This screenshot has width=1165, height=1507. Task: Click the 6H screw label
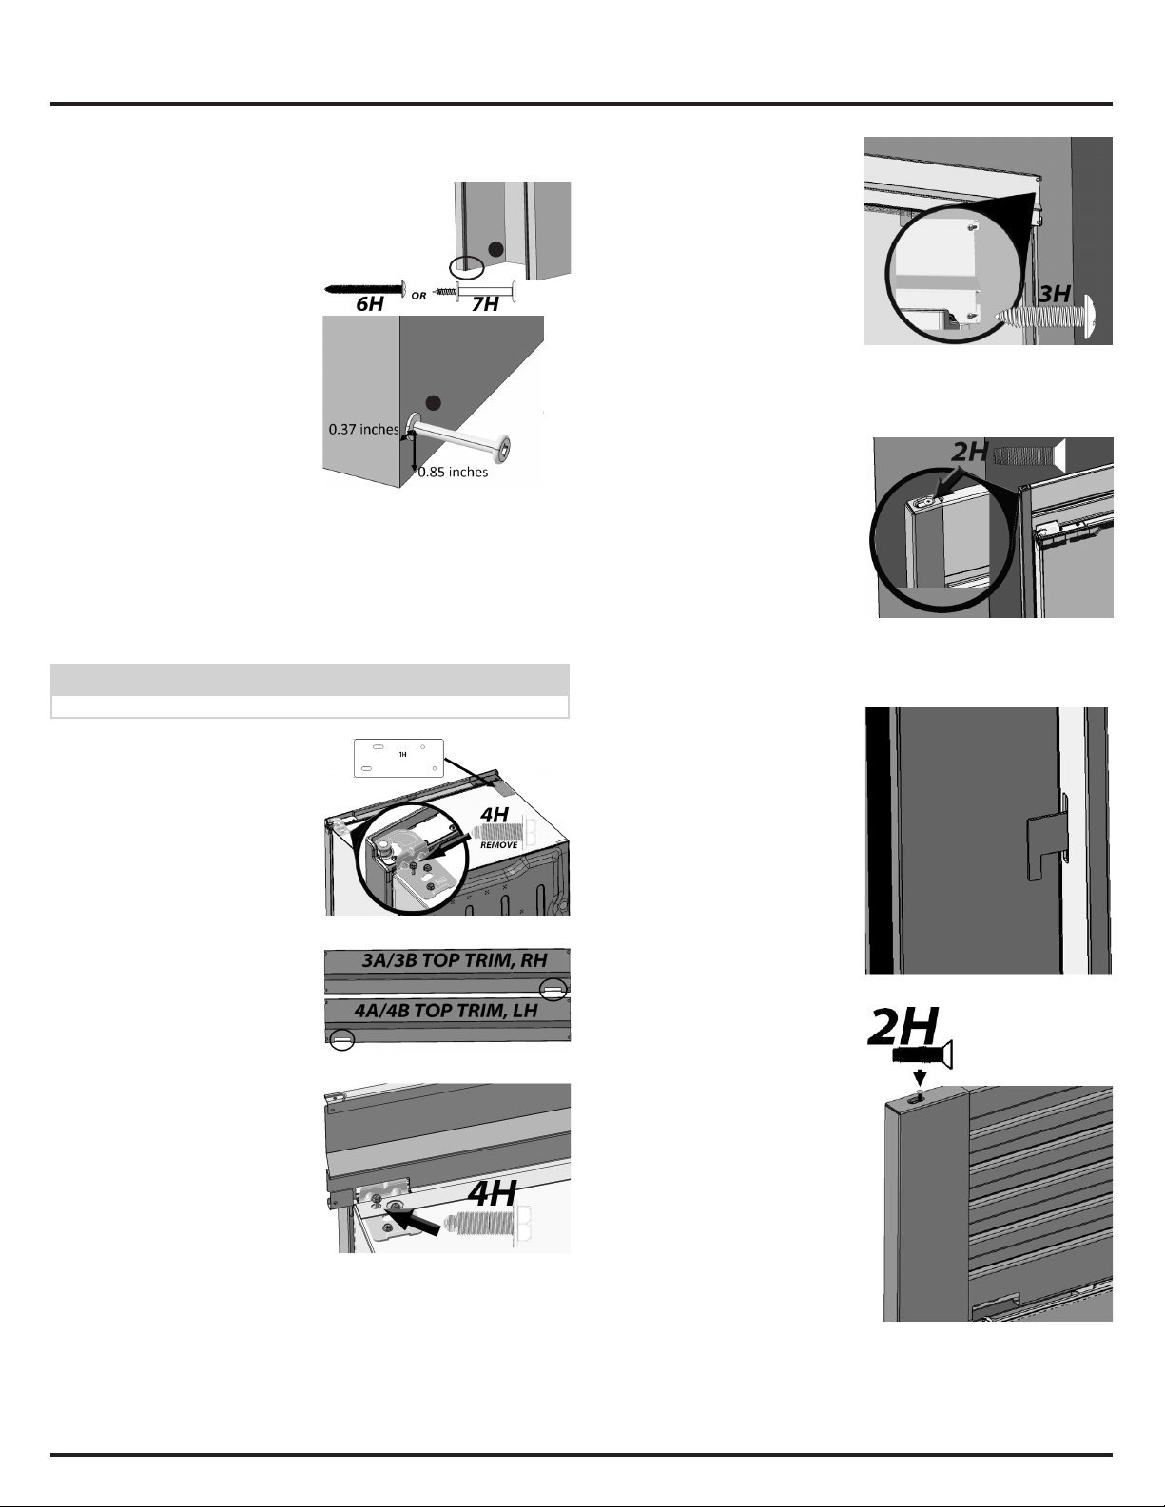point(370,304)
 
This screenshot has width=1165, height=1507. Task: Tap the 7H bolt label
point(485,304)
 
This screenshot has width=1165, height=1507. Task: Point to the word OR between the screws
point(418,296)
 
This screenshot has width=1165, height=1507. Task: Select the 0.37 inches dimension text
point(363,430)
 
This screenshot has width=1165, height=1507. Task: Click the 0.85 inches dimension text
point(453,473)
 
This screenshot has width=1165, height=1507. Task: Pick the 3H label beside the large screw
point(1055,294)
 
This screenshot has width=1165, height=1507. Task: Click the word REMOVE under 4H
point(498,844)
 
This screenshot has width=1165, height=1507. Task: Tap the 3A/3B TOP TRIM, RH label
point(455,959)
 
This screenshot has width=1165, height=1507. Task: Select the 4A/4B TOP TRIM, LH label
point(446,1010)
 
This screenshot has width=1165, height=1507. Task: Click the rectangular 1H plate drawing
point(398,758)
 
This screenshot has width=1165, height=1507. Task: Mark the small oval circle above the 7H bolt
point(465,266)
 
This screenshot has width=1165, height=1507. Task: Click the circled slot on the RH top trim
point(553,991)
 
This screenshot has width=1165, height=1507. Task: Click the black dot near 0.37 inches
point(433,403)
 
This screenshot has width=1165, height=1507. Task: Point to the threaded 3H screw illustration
point(1046,317)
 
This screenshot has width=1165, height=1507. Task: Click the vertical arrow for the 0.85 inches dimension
point(414,454)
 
